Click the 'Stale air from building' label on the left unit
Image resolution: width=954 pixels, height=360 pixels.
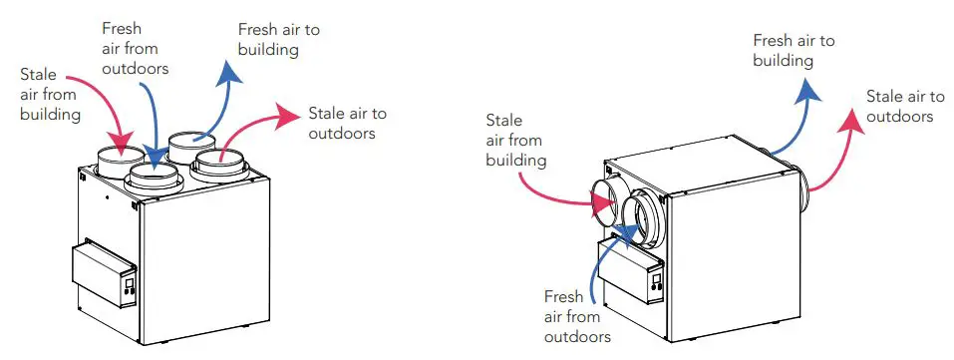[x=49, y=95]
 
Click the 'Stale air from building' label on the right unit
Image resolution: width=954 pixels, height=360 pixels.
[x=515, y=140]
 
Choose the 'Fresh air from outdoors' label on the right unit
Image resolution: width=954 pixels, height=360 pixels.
[x=577, y=317]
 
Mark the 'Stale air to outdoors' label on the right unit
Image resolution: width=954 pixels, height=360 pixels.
[x=904, y=106]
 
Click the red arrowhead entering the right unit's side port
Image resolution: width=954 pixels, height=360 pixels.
[x=604, y=204]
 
